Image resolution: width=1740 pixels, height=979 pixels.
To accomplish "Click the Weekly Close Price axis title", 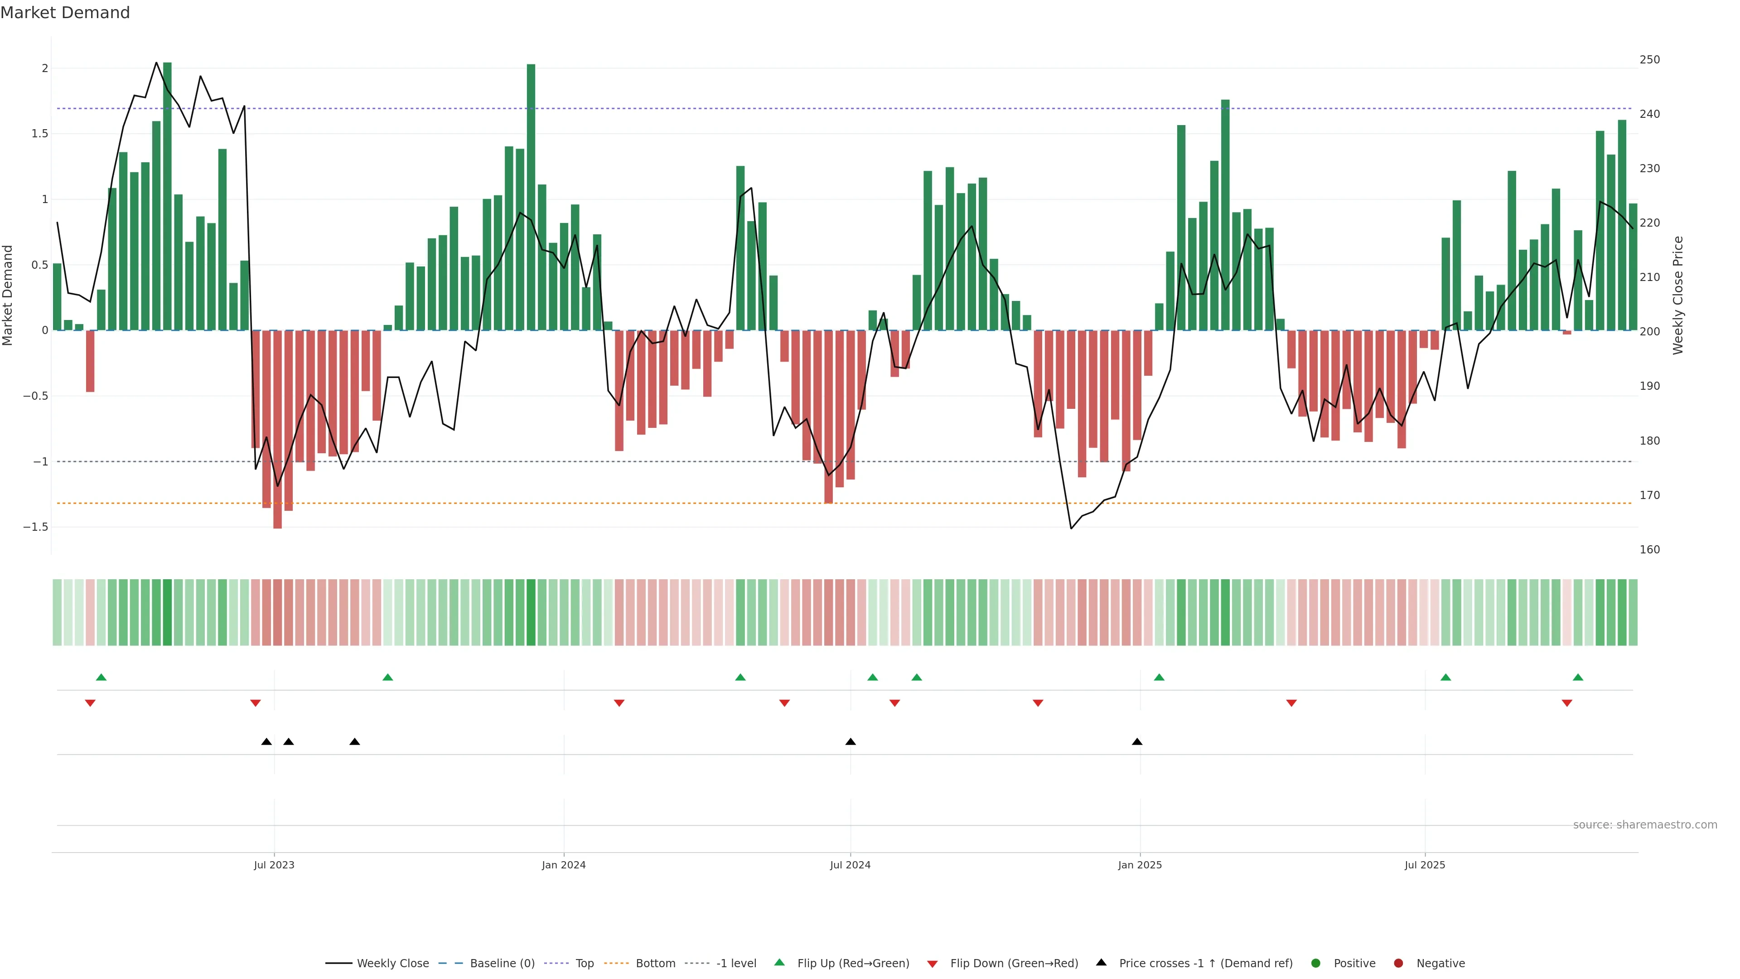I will [1678, 295].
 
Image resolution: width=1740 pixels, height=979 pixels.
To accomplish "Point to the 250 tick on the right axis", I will [1649, 59].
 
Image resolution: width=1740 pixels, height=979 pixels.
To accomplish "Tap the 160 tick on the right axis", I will [1649, 549].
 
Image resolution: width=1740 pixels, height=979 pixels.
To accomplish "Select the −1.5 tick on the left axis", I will [35, 527].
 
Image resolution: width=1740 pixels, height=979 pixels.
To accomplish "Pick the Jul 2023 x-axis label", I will [274, 865].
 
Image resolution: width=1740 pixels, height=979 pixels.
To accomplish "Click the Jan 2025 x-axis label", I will [1140, 865].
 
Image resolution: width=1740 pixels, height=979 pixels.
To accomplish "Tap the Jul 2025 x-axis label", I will [1425, 865].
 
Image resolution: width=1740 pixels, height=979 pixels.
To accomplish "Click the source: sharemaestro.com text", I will [1645, 824].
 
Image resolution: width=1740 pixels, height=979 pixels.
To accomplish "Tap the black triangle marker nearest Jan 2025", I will [1137, 742].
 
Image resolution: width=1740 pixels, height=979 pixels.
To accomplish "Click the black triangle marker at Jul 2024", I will [851, 742].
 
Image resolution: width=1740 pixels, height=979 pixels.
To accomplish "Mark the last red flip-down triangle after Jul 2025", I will [1566, 703].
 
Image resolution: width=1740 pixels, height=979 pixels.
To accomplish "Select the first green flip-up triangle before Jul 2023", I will [101, 677].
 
